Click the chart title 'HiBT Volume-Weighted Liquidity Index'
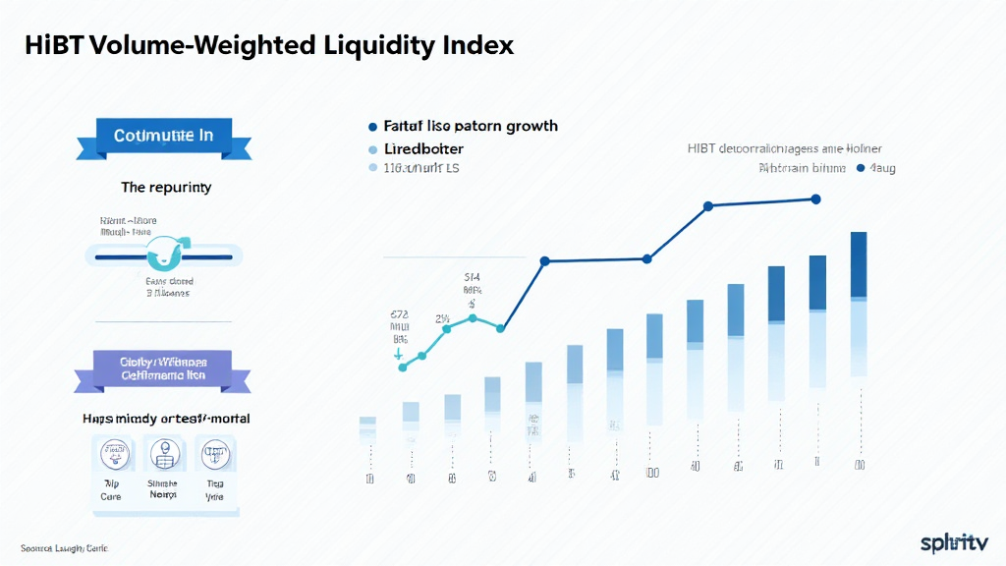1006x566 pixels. pos(268,46)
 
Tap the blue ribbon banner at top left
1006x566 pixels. pos(163,137)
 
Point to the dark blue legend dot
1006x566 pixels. pos(372,127)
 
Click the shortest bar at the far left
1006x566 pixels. pos(367,425)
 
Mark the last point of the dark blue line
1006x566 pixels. pos(815,198)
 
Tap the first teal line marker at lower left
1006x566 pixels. pos(402,368)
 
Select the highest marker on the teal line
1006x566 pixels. pos(473,318)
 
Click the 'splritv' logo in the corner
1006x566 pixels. pos(954,541)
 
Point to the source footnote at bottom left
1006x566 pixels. pos(64,546)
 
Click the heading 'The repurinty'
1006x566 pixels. pos(165,187)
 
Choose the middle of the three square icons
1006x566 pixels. pos(162,455)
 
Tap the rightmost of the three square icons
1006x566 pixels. pos(213,455)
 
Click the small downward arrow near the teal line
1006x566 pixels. pos(399,352)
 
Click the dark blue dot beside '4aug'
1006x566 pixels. pos(862,169)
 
